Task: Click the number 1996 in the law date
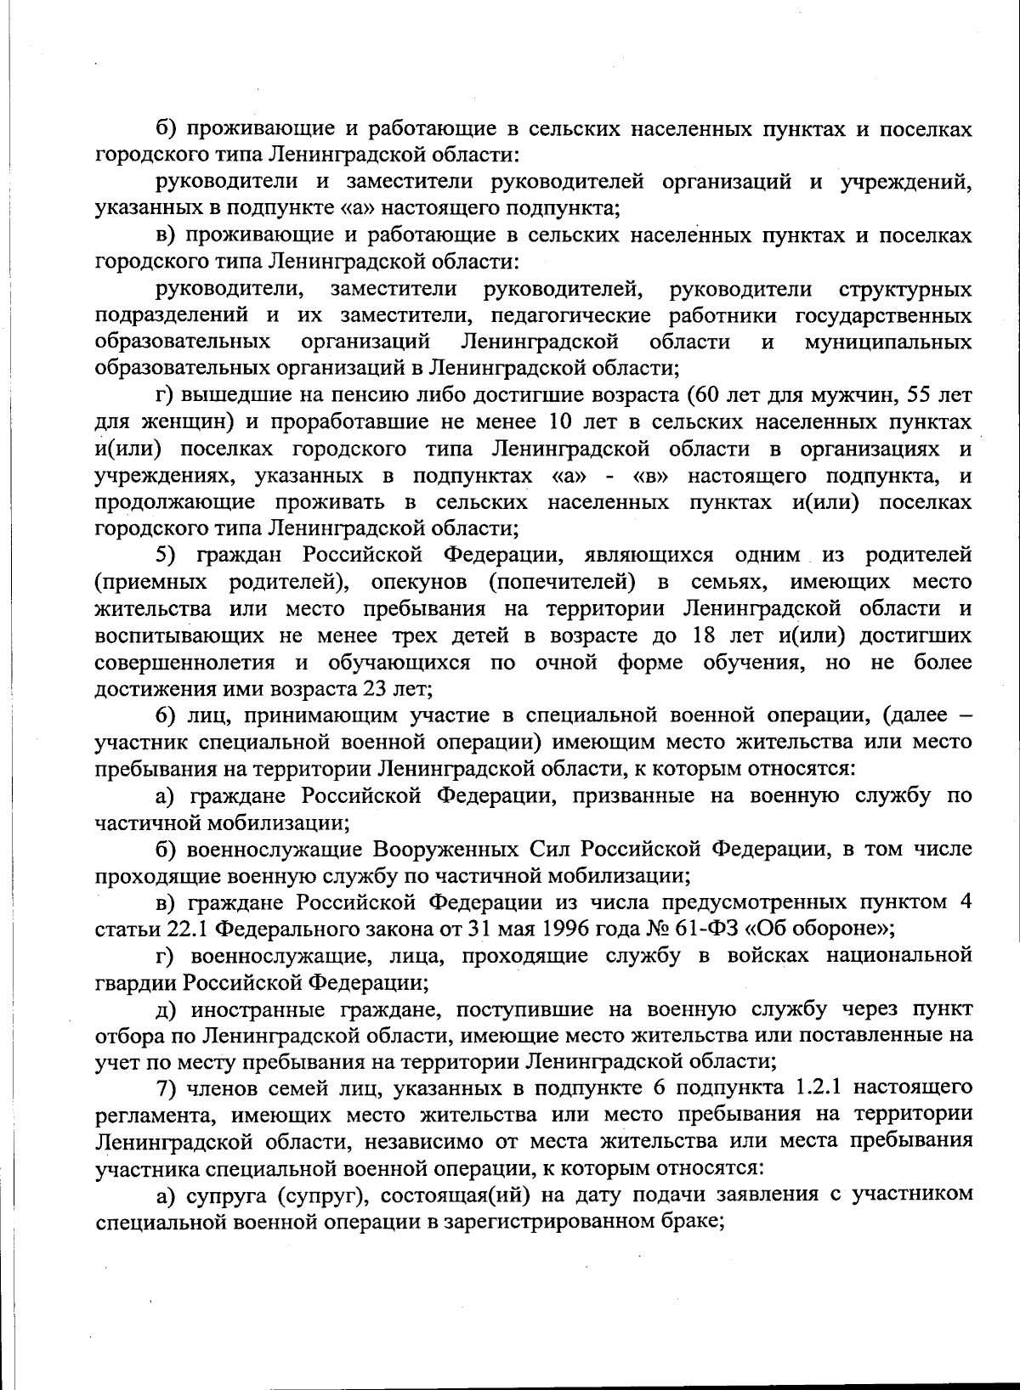tap(544, 928)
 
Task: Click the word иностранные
tap(256, 1009)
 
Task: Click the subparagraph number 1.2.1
tap(788, 1088)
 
